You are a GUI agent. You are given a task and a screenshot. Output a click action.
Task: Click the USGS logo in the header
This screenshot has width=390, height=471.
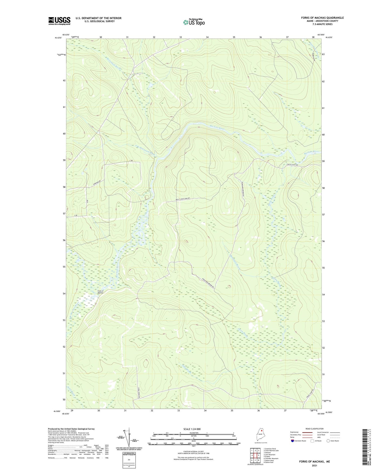click(x=59, y=21)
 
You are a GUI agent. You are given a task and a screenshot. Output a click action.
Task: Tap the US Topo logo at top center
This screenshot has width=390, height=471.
click(x=194, y=22)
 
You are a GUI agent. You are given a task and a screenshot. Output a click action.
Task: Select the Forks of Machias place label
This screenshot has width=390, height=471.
click(x=100, y=292)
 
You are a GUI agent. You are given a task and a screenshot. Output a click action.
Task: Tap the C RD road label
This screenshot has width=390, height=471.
click(x=131, y=161)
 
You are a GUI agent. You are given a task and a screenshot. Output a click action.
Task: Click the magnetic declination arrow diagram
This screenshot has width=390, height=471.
click(x=127, y=439)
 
